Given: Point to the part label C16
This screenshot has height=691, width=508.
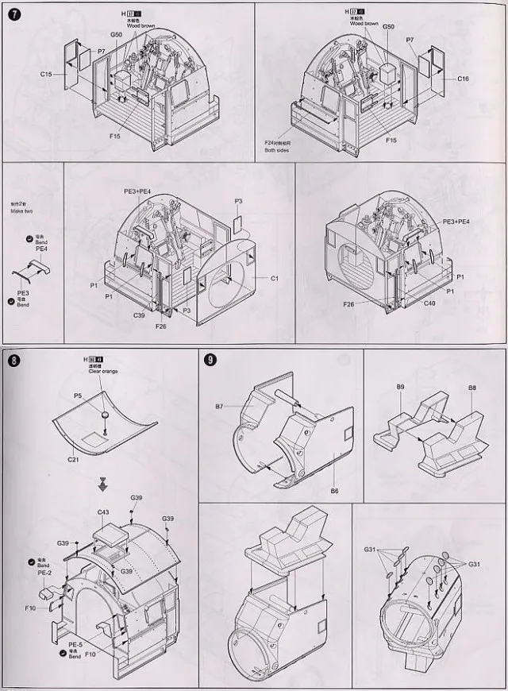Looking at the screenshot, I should (464, 79).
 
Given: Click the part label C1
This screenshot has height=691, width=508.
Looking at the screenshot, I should (275, 278).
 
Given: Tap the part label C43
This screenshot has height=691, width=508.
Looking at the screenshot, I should (103, 512).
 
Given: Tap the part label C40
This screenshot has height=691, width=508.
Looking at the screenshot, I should (429, 303).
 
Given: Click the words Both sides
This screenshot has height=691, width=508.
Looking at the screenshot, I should (278, 149).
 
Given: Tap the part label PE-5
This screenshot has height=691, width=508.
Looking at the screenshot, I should (75, 644).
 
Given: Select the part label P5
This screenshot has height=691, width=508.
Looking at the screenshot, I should (78, 395).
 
